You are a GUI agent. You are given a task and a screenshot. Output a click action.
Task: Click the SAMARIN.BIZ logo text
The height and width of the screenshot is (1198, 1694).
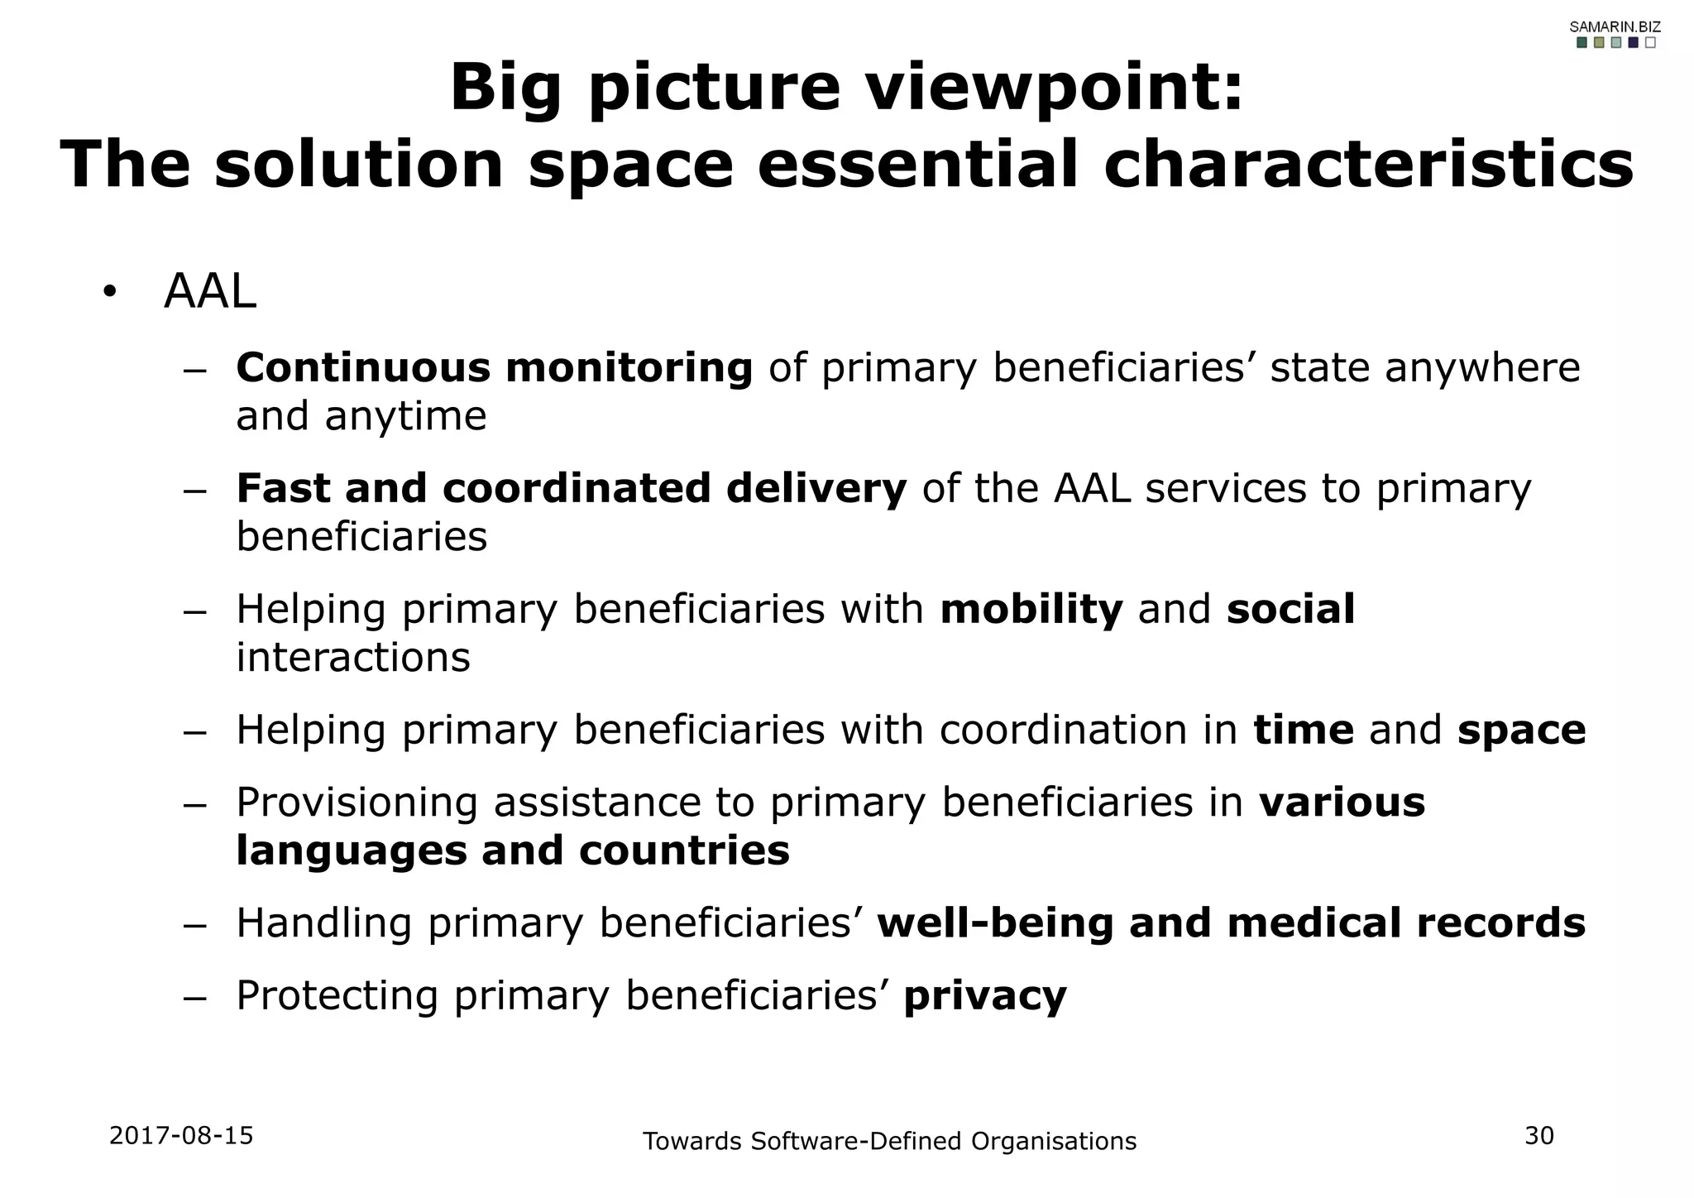coord(1615,27)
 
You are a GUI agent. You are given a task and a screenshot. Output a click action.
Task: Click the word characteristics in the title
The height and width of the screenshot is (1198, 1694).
coord(1368,164)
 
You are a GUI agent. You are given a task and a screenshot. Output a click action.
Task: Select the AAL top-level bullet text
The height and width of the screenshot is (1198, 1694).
coord(210,292)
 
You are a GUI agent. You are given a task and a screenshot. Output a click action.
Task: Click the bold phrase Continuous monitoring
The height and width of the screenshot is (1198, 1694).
coord(494,368)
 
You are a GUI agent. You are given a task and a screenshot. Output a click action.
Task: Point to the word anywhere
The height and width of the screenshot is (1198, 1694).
coord(1482,368)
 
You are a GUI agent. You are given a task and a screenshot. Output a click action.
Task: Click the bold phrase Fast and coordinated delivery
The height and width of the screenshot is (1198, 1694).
coord(571,488)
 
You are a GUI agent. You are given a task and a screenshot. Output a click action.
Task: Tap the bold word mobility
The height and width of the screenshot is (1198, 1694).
coord(1031,610)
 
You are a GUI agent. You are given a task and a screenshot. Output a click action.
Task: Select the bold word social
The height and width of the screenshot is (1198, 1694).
coord(1290,610)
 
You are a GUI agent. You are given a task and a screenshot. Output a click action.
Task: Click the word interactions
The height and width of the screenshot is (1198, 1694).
coord(353,658)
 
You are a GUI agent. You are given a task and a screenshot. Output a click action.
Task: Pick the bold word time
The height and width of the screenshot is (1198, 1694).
coord(1303,731)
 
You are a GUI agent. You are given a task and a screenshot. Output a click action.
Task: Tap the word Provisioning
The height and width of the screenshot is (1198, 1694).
coord(357,803)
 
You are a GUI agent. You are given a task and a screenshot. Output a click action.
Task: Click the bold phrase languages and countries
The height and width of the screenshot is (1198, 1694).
coord(513,851)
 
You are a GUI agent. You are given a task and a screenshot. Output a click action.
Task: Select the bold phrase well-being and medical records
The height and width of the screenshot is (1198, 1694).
coord(1231,923)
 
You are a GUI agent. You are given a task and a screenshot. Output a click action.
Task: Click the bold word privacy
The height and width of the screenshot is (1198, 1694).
coord(984,996)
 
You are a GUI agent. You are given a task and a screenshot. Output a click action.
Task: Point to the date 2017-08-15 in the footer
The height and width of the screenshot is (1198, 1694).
coord(181,1136)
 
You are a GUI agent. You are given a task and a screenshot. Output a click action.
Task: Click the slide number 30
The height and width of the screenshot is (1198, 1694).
coord(1539,1136)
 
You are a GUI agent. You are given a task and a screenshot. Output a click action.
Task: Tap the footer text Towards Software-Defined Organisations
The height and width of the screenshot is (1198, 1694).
coord(889,1142)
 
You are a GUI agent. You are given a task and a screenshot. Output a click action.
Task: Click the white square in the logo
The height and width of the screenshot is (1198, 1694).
coord(1650,43)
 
